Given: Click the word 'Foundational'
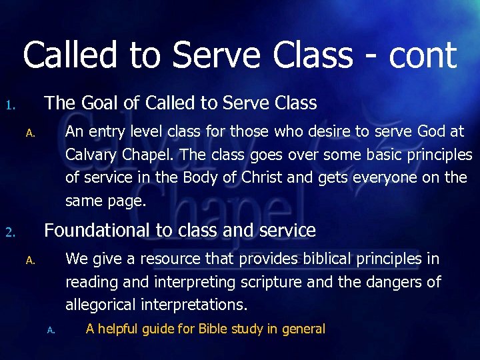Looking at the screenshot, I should (x=97, y=231).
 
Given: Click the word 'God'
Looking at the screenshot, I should (x=428, y=132).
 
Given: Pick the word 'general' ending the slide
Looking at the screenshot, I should (x=303, y=329).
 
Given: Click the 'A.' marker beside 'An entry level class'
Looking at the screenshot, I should (x=29, y=134).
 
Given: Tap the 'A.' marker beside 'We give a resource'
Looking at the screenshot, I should (x=29, y=261).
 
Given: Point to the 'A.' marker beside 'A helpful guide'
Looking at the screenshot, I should (x=51, y=330).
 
